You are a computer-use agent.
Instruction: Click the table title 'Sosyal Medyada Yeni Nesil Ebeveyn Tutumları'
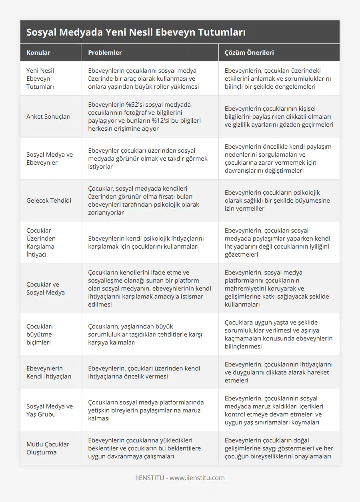tap(136, 32)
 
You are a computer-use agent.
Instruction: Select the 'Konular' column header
tap(38, 52)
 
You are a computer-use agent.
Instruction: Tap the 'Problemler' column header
tap(105, 52)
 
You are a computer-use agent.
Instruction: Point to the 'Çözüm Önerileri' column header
tap(249, 52)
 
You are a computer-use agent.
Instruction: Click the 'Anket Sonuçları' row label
tap(48, 116)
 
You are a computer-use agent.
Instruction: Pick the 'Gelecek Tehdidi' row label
tap(49, 200)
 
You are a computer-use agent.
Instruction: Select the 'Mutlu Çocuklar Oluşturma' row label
tap(48, 448)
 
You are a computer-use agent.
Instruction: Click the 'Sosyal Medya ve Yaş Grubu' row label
tap(50, 410)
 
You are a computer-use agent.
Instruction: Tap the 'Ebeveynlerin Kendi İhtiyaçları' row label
tap(49, 372)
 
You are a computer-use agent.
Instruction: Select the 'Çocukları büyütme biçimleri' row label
tap(39, 334)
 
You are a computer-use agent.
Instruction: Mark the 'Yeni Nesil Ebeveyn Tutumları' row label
tap(40, 78)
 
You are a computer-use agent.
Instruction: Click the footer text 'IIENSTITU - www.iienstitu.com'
tap(180, 478)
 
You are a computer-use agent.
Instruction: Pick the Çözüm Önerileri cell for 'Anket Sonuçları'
tap(279, 116)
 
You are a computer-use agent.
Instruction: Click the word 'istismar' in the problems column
tap(192, 296)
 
